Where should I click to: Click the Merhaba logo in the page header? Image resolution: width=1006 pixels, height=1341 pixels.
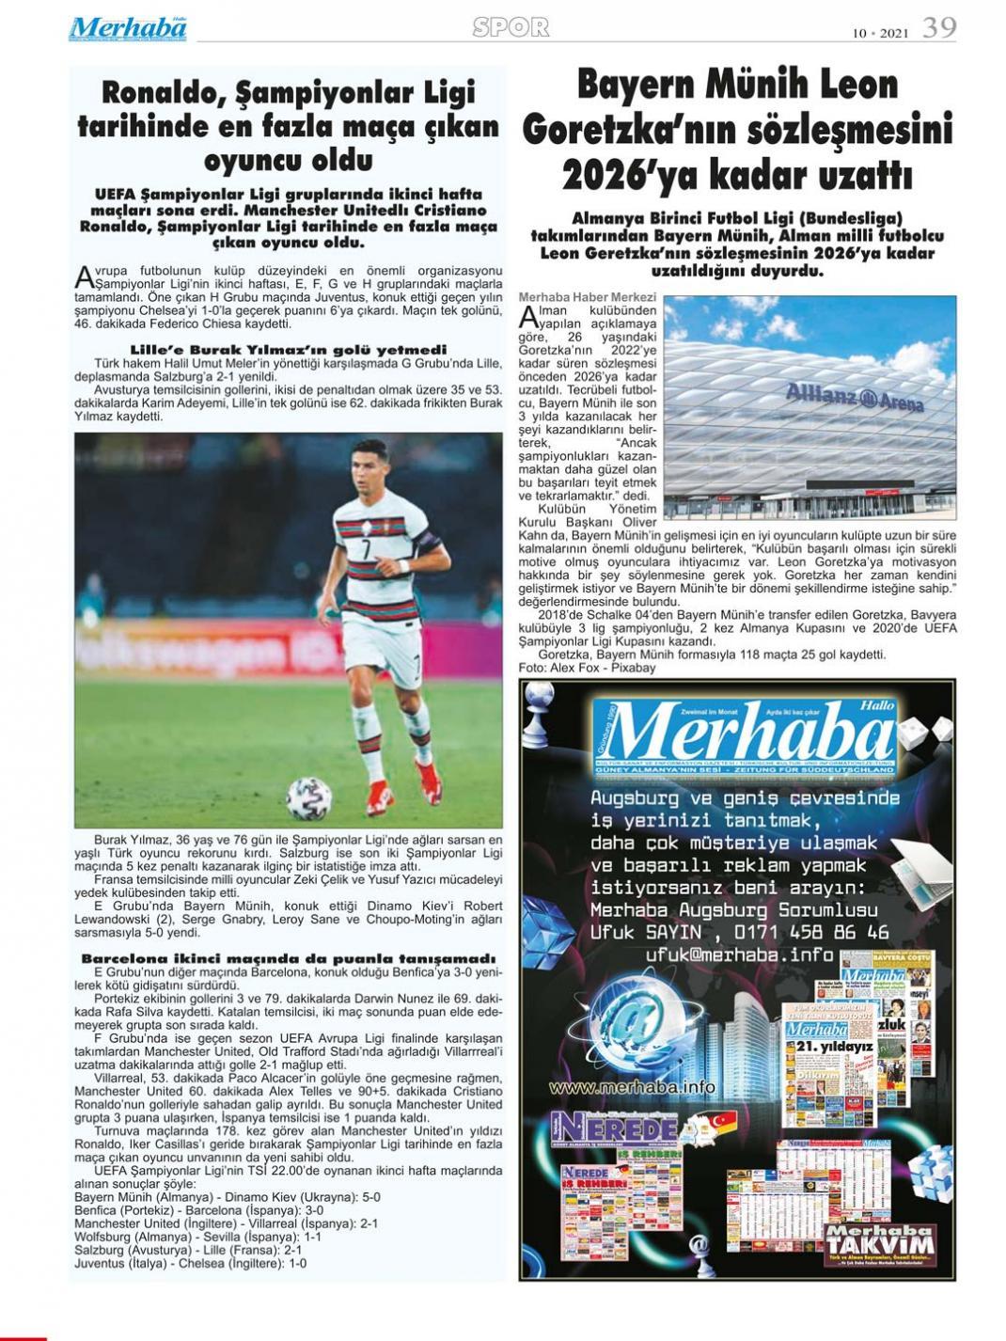click(127, 28)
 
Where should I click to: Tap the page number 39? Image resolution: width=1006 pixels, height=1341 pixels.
click(938, 27)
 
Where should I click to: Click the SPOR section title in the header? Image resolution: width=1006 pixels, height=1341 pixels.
click(511, 28)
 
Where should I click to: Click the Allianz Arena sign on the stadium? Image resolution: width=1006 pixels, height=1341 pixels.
click(854, 398)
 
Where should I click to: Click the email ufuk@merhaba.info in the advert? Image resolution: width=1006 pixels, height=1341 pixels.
click(740, 954)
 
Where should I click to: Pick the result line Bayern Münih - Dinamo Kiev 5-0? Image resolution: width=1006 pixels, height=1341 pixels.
click(228, 1197)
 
